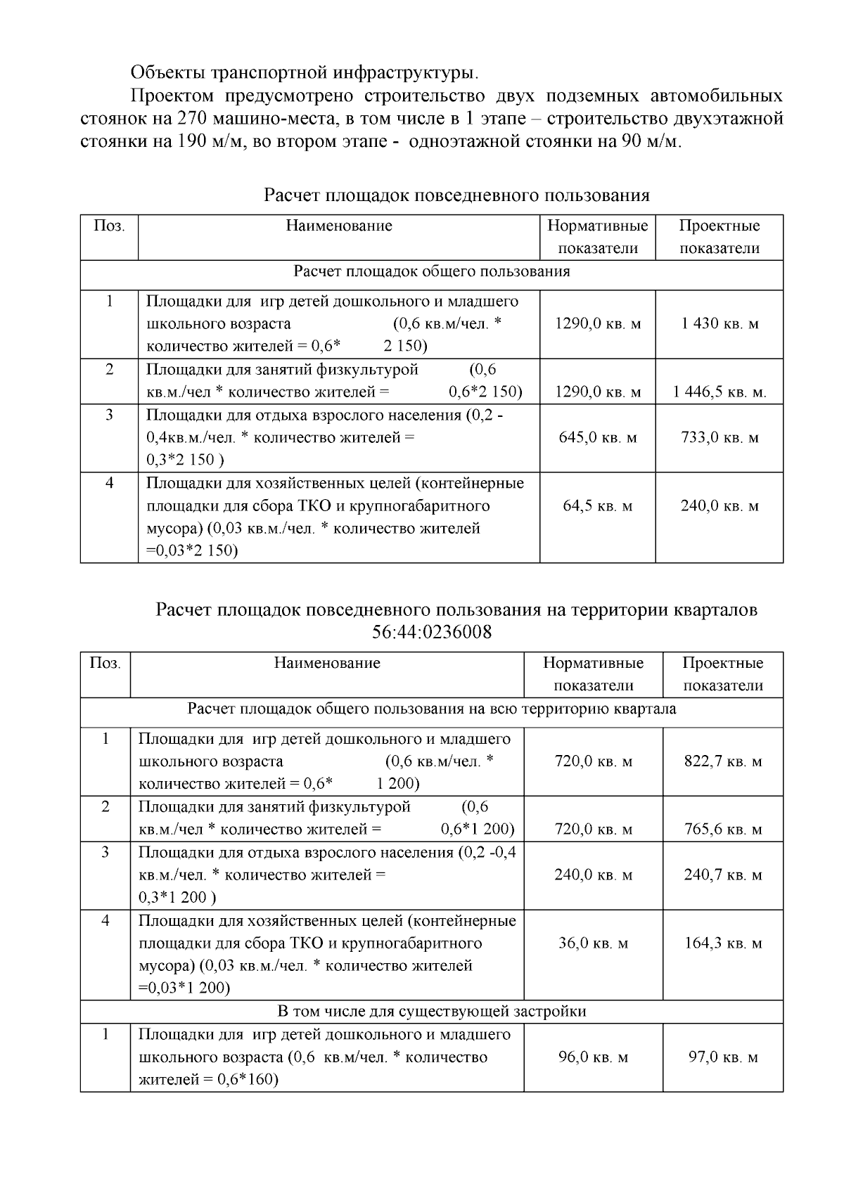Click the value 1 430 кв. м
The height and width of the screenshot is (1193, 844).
tap(720, 324)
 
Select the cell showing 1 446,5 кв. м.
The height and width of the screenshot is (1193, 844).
tap(720, 392)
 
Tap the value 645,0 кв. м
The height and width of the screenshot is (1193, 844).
tap(598, 438)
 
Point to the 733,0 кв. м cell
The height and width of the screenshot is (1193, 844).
tap(720, 438)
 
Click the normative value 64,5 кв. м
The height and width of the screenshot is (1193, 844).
tap(598, 506)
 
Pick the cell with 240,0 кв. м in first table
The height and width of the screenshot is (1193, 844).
tap(720, 506)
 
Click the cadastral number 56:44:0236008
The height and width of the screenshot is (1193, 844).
tap(431, 633)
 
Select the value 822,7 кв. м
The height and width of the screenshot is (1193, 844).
tap(723, 761)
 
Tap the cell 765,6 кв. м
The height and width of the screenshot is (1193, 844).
tap(723, 830)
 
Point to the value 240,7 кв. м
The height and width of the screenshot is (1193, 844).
tap(723, 875)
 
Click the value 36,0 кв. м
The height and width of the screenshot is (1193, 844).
tap(594, 943)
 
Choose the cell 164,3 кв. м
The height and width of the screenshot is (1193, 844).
tap(723, 943)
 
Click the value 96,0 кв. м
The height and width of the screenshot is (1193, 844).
tap(594, 1057)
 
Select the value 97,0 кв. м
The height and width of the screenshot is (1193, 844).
tap(723, 1057)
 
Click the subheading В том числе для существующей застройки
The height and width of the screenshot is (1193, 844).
tap(431, 1012)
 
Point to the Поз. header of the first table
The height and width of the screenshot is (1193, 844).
tap(109, 226)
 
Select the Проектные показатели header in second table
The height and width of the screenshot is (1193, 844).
tap(723, 674)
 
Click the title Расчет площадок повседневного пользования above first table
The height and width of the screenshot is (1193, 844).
tap(456, 195)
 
